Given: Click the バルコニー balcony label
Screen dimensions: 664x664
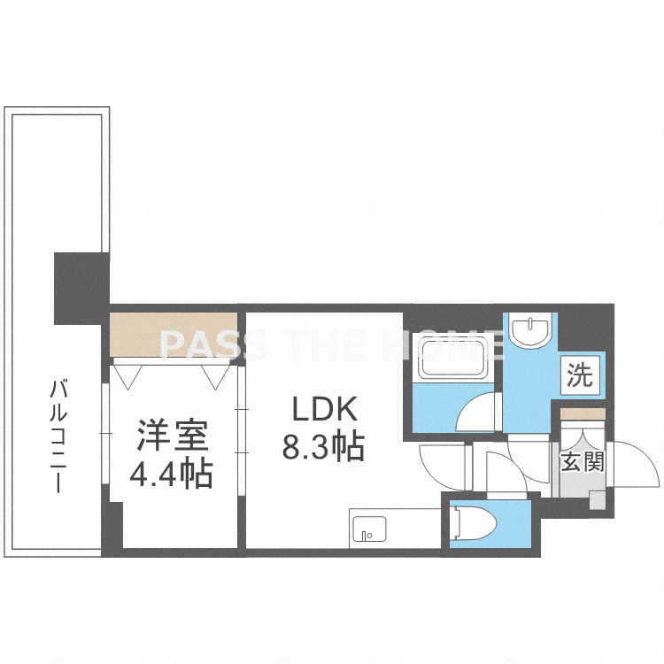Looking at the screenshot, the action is tap(58, 436).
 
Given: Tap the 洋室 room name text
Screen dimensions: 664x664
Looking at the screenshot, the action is tap(172, 435).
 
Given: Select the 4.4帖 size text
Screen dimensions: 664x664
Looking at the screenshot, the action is tap(171, 474).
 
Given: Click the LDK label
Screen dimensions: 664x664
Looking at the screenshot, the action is tap(324, 410).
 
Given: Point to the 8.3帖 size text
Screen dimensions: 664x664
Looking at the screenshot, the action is tap(323, 446).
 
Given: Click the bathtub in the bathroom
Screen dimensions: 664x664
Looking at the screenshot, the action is tap(452, 357).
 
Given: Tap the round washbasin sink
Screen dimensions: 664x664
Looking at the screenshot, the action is tap(529, 329).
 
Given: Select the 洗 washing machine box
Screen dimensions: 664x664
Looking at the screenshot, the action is tap(581, 375).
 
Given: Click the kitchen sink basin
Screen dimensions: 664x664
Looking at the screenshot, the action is tap(369, 529).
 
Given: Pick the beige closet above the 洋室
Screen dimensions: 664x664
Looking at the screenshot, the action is tap(173, 335).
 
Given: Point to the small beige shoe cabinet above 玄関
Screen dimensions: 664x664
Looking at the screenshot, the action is tap(583, 413).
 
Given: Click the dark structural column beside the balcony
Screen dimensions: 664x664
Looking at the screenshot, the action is tap(81, 289).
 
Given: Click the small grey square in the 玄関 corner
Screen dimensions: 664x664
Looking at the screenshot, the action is tap(598, 499).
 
